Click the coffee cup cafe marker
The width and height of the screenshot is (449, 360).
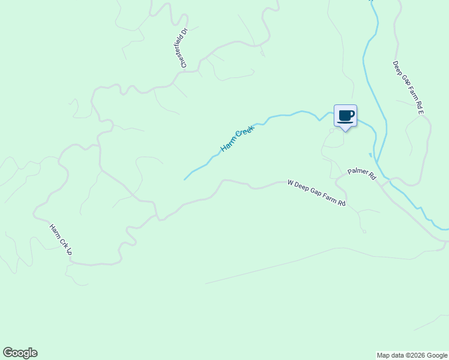[345, 116]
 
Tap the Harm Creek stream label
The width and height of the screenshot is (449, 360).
[238, 138]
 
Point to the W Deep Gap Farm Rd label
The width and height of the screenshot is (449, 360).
[316, 193]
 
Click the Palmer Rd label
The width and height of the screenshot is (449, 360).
[361, 173]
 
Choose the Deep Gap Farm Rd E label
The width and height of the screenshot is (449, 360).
[409, 87]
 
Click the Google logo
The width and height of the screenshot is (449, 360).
[20, 353]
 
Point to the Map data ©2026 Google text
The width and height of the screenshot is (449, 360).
[412, 355]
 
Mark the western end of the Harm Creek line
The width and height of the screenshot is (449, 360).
[184, 179]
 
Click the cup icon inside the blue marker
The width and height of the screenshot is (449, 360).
[345, 115]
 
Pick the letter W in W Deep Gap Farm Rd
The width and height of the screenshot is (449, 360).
[290, 182]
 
